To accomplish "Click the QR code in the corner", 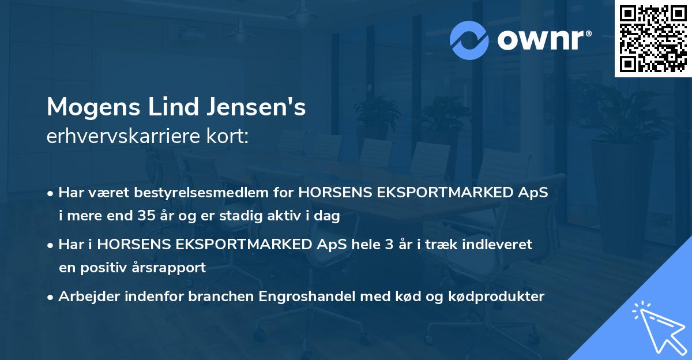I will pyautogui.click(x=653, y=38).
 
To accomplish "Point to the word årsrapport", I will pyautogui.click(x=173, y=268).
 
